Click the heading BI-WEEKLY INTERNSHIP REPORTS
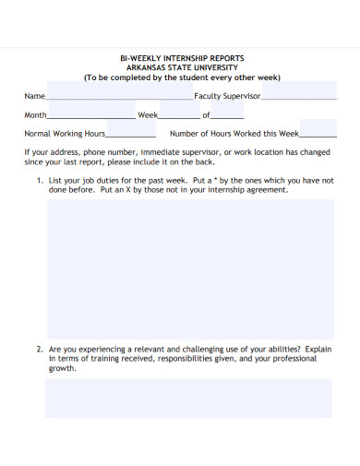click(181, 58)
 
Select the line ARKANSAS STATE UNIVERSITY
click(181, 68)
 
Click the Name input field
click(119, 96)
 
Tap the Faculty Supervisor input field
click(299, 96)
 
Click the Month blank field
click(90, 115)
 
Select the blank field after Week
click(179, 115)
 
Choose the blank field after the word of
click(227, 115)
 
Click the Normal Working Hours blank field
click(131, 134)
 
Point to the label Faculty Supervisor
click(227, 96)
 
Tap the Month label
click(35, 115)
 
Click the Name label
click(34, 96)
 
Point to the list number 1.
click(40, 181)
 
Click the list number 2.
click(40, 350)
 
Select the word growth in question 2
click(63, 368)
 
